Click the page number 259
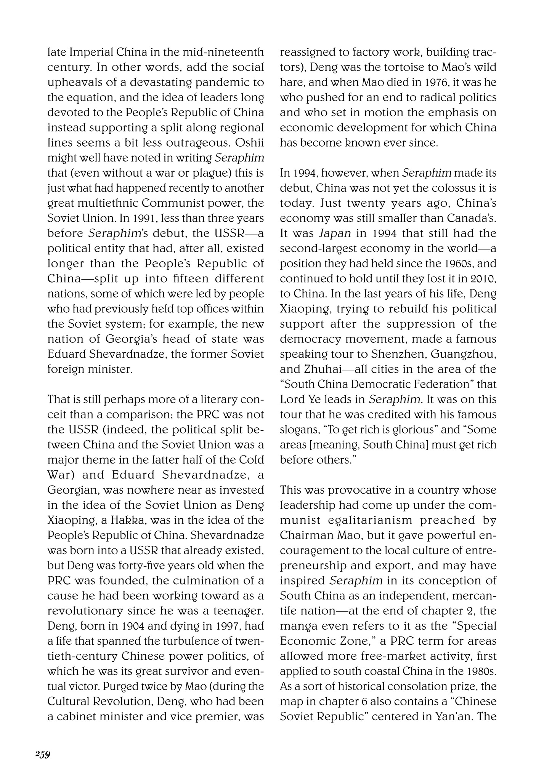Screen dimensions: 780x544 [43, 754]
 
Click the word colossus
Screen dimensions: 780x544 [442, 188]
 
